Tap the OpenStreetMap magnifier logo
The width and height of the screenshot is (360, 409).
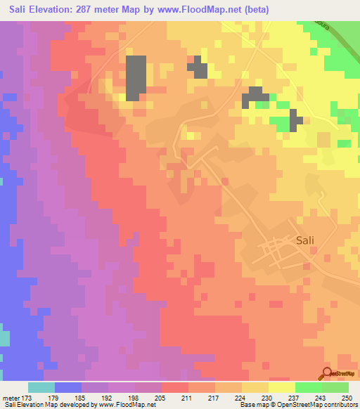pyautogui.click(x=327, y=374)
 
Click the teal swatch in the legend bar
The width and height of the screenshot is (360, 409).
pyautogui.click(x=41, y=387)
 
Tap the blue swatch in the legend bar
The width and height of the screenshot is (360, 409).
pyautogui.click(x=68, y=387)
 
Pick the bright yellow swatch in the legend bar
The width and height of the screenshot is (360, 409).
pyautogui.click(x=282, y=387)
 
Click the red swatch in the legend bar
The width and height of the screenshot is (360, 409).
pyautogui.click(x=175, y=387)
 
